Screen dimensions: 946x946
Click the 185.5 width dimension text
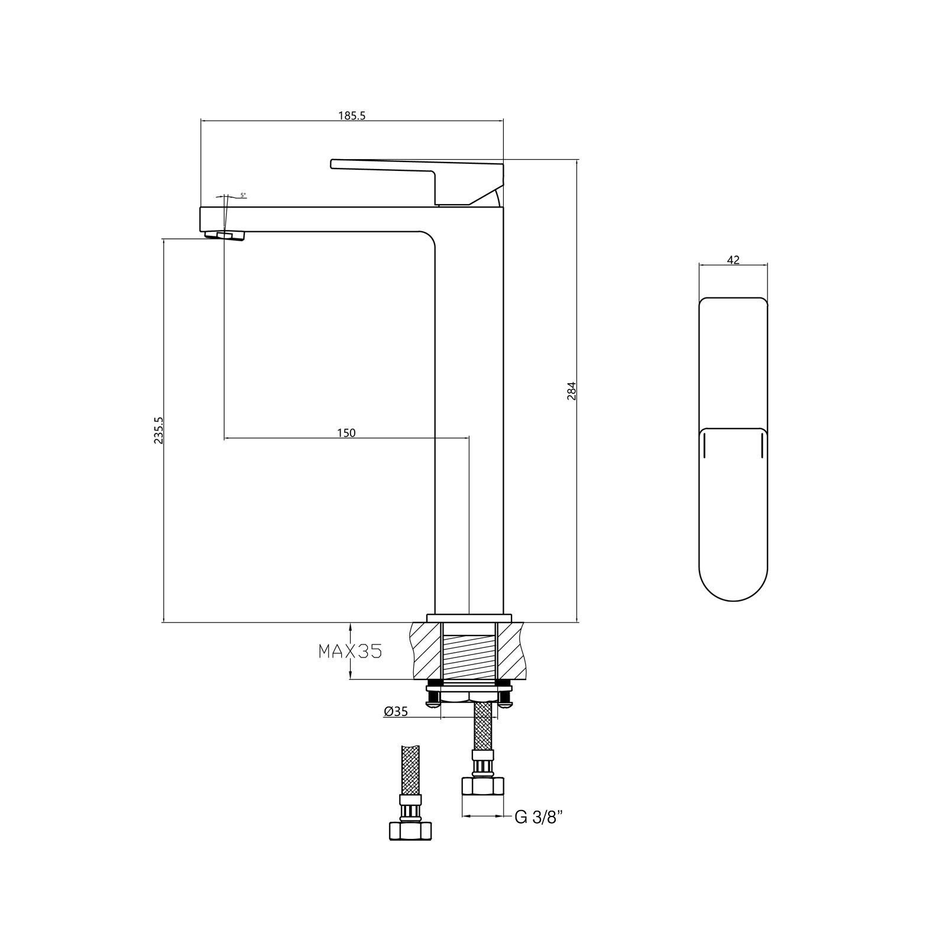(x=352, y=116)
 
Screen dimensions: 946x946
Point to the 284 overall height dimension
(x=571, y=391)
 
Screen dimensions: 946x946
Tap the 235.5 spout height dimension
(x=158, y=430)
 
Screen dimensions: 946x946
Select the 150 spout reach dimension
(x=346, y=433)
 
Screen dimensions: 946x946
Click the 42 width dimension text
(x=733, y=260)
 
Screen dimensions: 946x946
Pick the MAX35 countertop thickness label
(x=351, y=651)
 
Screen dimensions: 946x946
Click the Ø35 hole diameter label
(x=396, y=712)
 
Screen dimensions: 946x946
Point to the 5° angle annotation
(x=243, y=195)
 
